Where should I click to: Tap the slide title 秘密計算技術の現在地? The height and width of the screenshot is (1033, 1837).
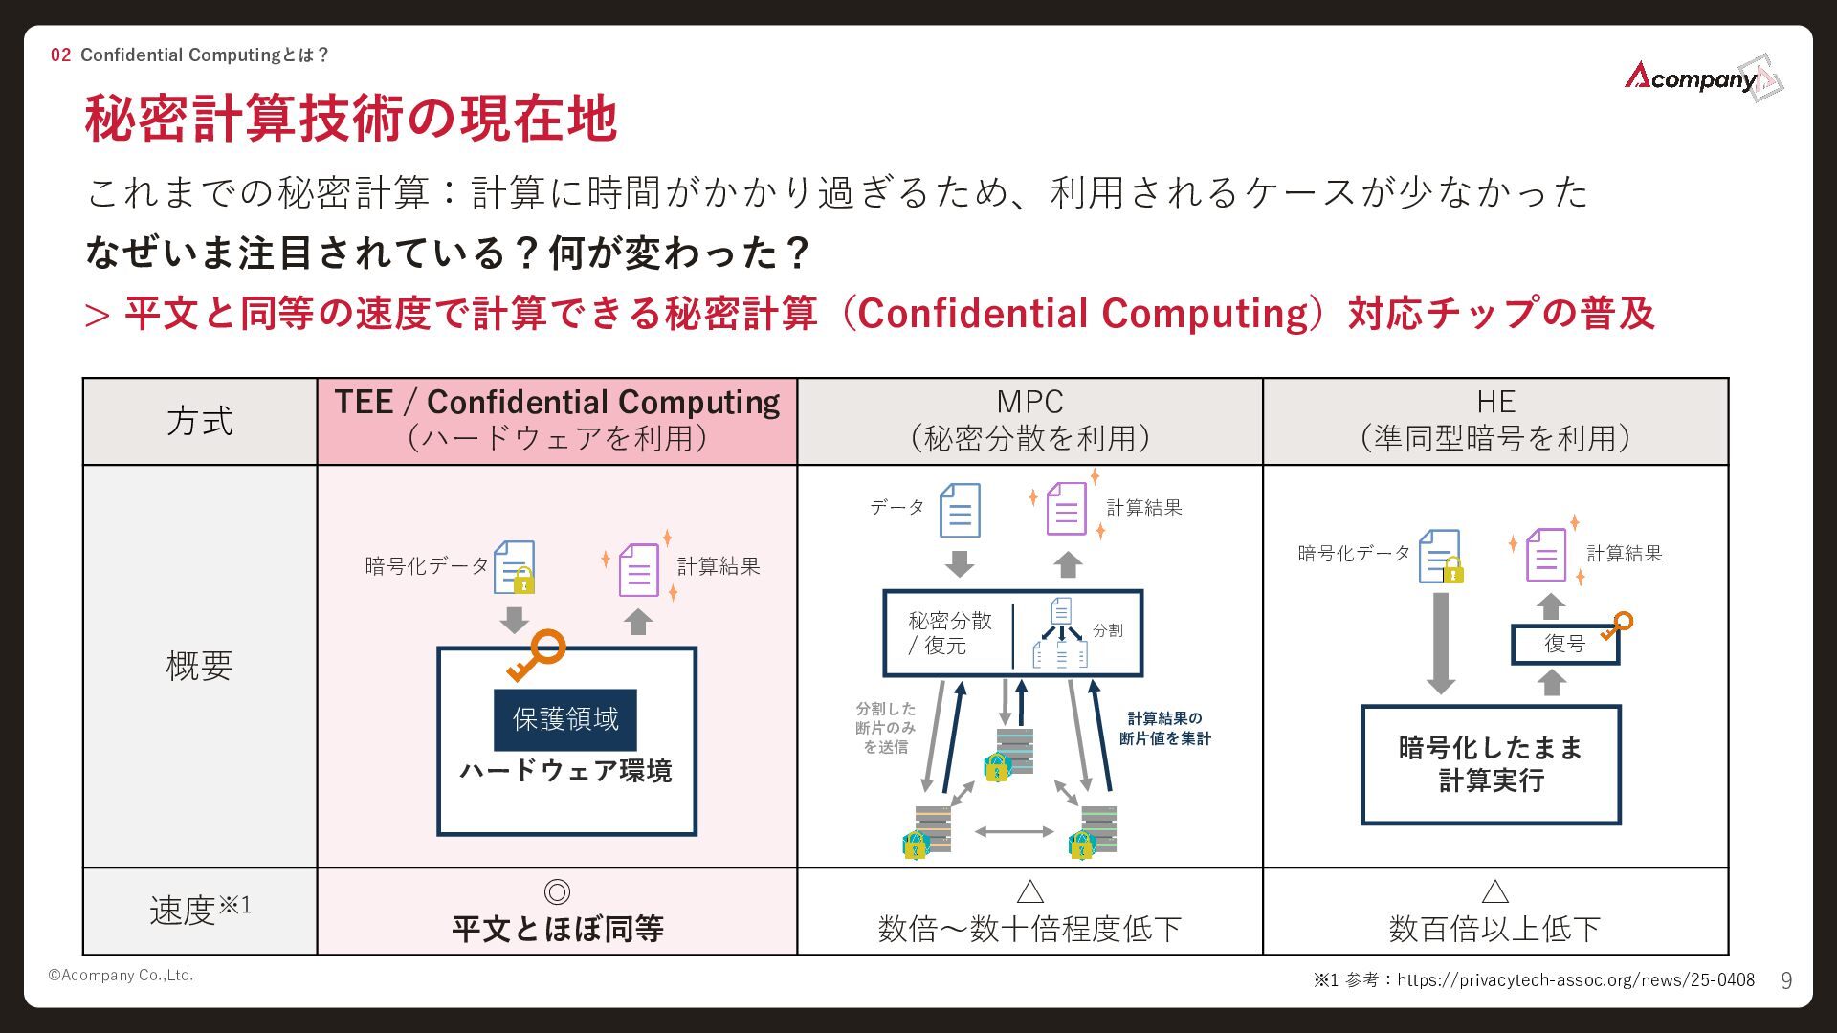tap(351, 119)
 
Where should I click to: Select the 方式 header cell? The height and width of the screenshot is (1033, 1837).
tap(200, 422)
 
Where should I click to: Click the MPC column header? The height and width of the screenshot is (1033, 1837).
tap(1029, 421)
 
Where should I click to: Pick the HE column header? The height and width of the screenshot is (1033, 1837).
tap(1495, 421)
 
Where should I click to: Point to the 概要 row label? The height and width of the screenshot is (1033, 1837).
tap(200, 666)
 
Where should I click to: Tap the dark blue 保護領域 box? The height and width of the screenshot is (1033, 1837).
tap(565, 719)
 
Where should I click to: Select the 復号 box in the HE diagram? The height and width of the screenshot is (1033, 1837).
tap(1565, 644)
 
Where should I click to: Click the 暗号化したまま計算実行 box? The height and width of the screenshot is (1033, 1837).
tap(1491, 764)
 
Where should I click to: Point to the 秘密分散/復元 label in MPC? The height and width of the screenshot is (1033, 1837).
tap(949, 633)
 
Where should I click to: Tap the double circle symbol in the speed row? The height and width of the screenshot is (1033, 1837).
tap(557, 891)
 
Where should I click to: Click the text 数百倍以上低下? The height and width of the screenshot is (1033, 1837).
tap(1494, 928)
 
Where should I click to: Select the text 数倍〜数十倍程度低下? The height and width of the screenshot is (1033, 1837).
tap(1029, 928)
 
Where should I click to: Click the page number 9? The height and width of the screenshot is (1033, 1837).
tap(1785, 980)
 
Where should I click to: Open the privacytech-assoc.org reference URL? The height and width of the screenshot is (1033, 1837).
tap(1575, 979)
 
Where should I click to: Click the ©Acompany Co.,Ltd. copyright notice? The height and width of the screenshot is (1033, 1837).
tap(122, 975)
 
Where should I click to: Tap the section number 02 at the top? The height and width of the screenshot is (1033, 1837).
tap(60, 55)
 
